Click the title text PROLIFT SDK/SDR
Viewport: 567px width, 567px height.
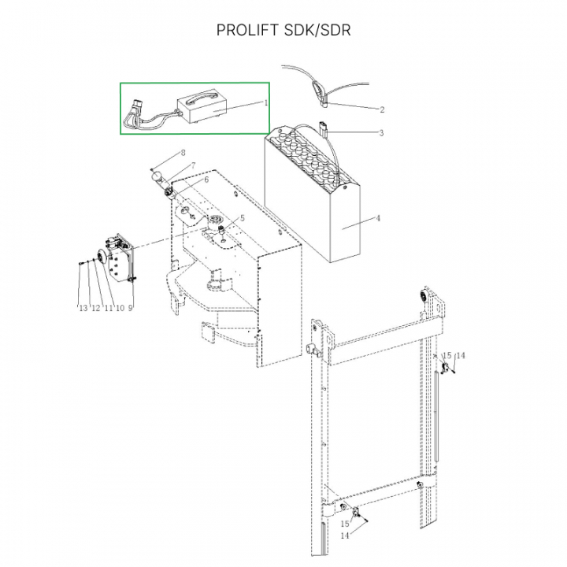tap(283, 31)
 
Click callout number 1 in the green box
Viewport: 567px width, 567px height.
tap(266, 102)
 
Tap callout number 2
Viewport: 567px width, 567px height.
tap(382, 110)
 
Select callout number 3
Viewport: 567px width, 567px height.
tap(381, 133)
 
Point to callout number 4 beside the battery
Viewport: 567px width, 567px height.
tap(378, 218)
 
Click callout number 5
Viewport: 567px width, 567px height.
tap(243, 218)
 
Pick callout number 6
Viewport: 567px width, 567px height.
tap(206, 180)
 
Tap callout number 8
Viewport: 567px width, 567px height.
tap(183, 153)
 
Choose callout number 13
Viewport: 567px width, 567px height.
tap(83, 308)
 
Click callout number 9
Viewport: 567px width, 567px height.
tap(130, 308)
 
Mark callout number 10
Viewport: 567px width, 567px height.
tap(120, 308)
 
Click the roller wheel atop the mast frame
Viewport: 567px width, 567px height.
tap(423, 296)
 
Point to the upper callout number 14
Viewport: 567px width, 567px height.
tap(460, 356)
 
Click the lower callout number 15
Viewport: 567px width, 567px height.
tap(345, 524)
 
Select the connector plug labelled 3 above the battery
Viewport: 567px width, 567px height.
tap(323, 128)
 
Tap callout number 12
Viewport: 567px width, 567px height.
tap(95, 308)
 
